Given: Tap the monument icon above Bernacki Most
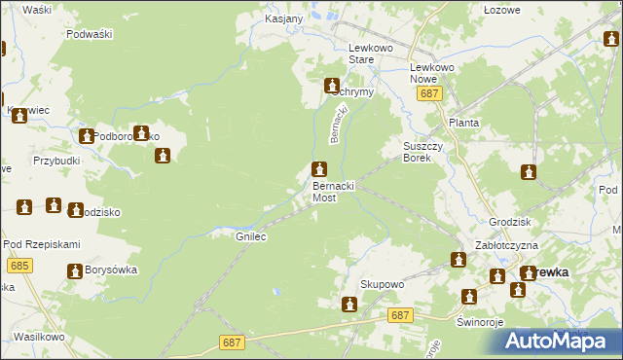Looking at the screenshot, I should point(319,169).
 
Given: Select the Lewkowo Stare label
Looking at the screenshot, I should point(375,53).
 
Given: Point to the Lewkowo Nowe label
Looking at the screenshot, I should point(432,60).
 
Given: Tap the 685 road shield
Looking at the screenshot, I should point(18,265).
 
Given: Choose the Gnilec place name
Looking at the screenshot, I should point(251,236).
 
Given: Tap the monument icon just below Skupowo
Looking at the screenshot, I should point(348,305).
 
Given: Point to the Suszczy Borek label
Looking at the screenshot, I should point(422,151).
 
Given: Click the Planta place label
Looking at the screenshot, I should point(463,124).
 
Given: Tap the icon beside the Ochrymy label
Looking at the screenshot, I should point(332,86).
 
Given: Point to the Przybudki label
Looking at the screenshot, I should point(55,162).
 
